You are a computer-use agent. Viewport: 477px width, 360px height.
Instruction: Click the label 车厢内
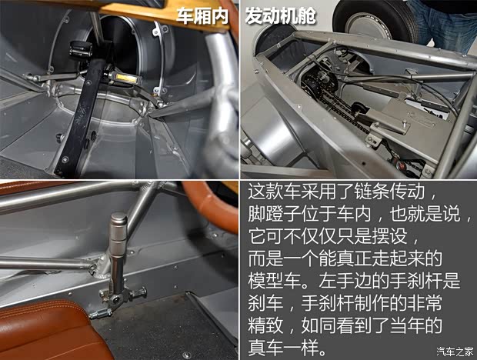(203, 16)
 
